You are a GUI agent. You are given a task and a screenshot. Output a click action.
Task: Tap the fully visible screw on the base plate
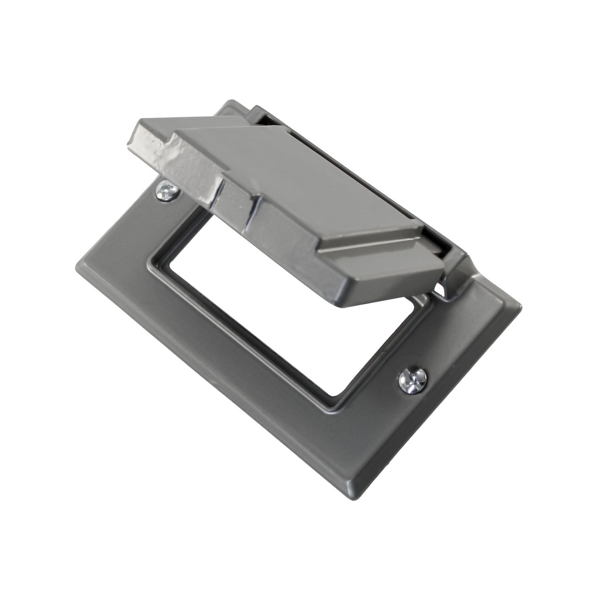coord(412,380)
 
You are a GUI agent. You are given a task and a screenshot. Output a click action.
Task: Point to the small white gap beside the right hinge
coord(438,288)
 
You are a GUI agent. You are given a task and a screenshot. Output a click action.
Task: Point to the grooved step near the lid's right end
coord(374,246)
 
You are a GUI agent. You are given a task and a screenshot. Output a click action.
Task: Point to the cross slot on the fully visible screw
coord(412,380)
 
